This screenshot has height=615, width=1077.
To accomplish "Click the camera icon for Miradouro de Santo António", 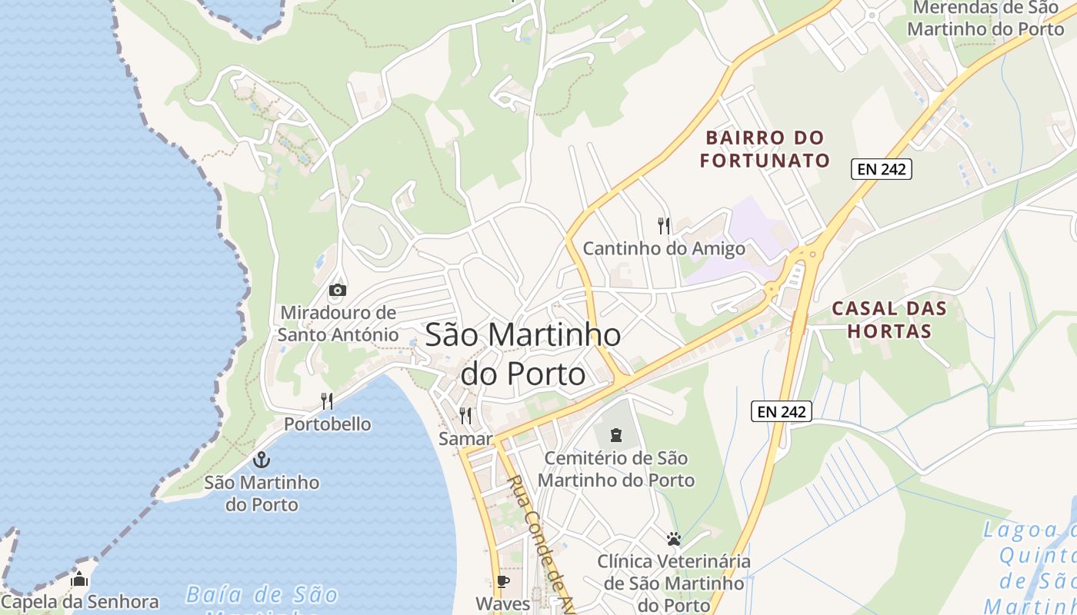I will (x=337, y=290).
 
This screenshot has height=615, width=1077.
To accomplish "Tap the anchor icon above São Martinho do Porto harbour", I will (x=262, y=460).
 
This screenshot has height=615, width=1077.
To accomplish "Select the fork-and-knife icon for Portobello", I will (x=327, y=401).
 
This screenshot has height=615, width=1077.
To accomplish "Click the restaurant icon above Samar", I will (x=465, y=416).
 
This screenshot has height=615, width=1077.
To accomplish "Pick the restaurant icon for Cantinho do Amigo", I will (x=664, y=225).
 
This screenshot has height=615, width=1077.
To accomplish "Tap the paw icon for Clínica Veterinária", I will (x=674, y=538).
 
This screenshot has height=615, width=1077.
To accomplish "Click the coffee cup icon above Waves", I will (x=502, y=581).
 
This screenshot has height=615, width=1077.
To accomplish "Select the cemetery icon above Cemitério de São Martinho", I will (x=615, y=436).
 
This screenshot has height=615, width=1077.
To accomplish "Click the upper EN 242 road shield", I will (x=881, y=169).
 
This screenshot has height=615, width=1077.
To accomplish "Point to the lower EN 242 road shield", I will (x=782, y=411).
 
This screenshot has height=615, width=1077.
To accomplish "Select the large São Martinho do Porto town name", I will (x=523, y=354).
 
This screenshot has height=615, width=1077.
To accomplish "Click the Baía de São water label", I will (x=262, y=595).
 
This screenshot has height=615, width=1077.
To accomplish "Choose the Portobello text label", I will (x=327, y=424).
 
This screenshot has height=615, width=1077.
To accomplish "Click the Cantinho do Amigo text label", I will (x=664, y=248).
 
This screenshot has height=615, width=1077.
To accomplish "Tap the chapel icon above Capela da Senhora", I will (x=79, y=579).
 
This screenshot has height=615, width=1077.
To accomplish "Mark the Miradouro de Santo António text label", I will (x=338, y=324).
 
